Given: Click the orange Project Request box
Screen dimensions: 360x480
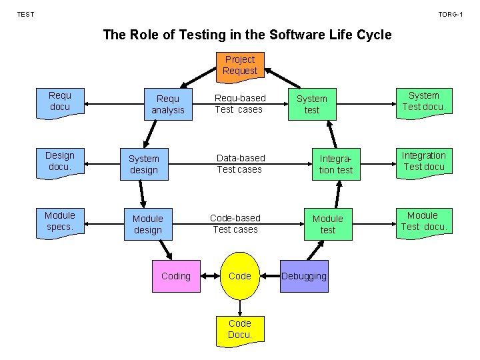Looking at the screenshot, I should [x=240, y=65].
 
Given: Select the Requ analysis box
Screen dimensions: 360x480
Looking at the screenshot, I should [x=168, y=105].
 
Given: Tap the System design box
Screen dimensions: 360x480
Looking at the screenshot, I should [x=144, y=165].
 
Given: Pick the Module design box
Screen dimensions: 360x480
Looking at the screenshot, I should [x=148, y=224].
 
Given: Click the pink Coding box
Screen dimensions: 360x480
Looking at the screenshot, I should [x=176, y=276].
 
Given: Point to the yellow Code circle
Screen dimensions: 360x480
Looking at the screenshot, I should [x=240, y=276].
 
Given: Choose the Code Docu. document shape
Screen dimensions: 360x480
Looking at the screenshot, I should [x=240, y=329].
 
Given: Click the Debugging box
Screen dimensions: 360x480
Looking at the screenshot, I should [x=305, y=276].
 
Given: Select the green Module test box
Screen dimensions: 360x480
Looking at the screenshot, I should [x=328, y=224].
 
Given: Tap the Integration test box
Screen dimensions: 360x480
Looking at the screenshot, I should [x=336, y=165].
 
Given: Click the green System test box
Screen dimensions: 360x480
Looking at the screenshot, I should [x=312, y=105].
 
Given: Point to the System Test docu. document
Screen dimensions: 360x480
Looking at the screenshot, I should [x=424, y=102].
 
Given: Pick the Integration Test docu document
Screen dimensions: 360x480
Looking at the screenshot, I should [x=424, y=162].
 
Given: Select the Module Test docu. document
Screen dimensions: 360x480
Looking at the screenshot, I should [x=423, y=222].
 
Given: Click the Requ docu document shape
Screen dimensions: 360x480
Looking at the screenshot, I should [x=60, y=102].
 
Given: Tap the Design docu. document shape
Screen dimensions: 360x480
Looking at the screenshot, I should [x=60, y=162].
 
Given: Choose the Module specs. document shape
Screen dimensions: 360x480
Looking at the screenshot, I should [x=60, y=222].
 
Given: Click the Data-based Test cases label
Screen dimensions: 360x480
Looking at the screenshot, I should [x=240, y=163].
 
